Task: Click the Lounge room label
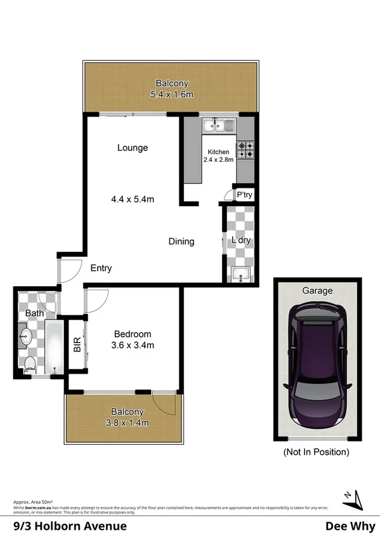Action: (133, 148)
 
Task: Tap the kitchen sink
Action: (219, 126)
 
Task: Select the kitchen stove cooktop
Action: (246, 150)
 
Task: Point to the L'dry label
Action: (241, 240)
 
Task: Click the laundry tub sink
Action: (241, 274)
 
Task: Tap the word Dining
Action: (181, 241)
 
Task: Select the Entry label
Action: (100, 268)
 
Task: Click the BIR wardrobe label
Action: (77, 346)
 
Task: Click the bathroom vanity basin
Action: (25, 336)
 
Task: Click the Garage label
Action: (317, 291)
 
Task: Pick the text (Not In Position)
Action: (317, 452)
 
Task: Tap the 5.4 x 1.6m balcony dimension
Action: (171, 95)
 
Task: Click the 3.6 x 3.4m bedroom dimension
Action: (133, 345)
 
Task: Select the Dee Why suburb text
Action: (348, 526)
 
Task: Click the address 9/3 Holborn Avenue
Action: (70, 526)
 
